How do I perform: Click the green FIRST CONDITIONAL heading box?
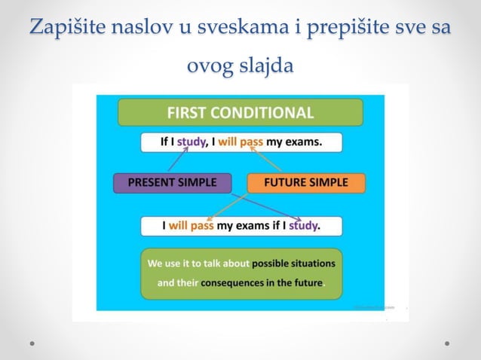(240, 113)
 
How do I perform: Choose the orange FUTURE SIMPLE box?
(306, 182)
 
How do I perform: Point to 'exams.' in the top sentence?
(305, 142)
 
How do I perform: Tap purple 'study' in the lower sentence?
(304, 225)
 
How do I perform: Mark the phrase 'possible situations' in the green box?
(293, 264)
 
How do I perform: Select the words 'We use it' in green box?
(167, 264)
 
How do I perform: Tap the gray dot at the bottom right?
(447, 343)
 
